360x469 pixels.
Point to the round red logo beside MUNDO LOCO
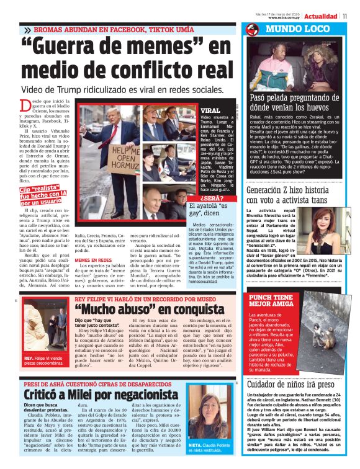pos(252,29)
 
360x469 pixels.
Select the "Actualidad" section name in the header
pos(321,16)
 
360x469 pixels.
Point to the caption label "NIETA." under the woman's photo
pos(197,445)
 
